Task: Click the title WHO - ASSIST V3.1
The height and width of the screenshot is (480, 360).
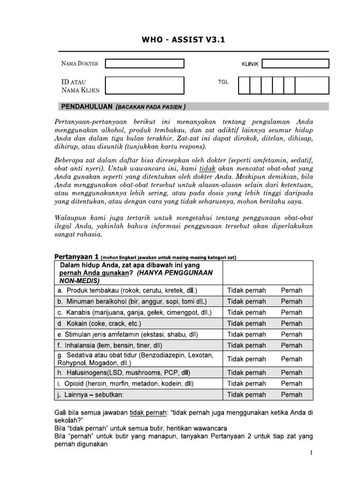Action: click(x=184, y=40)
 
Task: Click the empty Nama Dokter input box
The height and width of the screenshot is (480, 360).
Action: click(x=144, y=63)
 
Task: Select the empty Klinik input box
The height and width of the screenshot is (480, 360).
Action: click(x=295, y=63)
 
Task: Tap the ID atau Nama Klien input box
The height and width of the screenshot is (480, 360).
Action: click(x=144, y=85)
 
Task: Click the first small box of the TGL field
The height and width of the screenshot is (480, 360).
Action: click(x=244, y=85)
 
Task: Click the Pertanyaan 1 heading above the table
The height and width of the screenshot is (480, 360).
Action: click(x=76, y=256)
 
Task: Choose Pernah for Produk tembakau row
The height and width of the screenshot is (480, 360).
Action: click(x=292, y=290)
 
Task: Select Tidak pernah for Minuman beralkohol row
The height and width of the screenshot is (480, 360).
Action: click(x=246, y=301)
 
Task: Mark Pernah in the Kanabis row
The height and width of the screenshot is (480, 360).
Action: click(x=292, y=312)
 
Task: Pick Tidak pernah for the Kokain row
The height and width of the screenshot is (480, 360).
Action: click(x=246, y=323)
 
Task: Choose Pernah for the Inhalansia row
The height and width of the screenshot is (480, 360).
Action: click(x=292, y=345)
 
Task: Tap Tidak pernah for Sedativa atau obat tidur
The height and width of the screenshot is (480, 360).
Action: click(x=246, y=359)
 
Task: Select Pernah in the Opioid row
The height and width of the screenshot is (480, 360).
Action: click(x=292, y=383)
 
